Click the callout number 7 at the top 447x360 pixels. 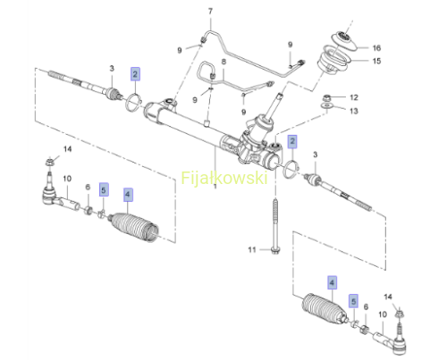[x=210, y=12]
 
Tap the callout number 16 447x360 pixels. [x=376, y=47]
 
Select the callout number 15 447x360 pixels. [x=376, y=61]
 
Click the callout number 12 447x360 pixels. [x=354, y=97]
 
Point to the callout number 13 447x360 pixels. [x=354, y=111]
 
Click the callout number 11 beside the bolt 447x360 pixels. [x=252, y=249]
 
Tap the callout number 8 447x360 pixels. [x=223, y=62]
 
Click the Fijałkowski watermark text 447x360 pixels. [x=224, y=178]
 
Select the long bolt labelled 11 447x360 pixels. [x=275, y=226]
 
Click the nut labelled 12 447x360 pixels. [x=326, y=97]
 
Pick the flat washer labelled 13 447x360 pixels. [x=327, y=105]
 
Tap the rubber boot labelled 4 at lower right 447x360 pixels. [x=325, y=308]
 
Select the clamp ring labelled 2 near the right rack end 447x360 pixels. [x=291, y=169]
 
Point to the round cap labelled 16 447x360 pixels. [x=344, y=40]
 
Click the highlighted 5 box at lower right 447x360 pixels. [x=353, y=301]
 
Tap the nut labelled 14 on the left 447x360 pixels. [x=49, y=163]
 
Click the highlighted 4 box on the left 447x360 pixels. [x=128, y=195]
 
